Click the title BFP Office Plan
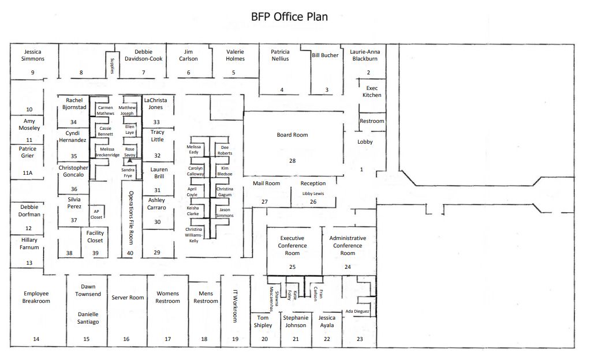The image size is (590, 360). click(x=289, y=17)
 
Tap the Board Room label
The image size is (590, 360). click(x=293, y=135)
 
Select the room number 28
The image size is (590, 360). click(x=292, y=161)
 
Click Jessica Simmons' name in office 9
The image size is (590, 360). click(x=33, y=55)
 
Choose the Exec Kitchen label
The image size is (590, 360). click(x=372, y=92)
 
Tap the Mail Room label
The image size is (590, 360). click(x=266, y=183)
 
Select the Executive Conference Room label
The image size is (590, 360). click(x=292, y=246)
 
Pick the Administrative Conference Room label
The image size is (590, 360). click(x=348, y=246)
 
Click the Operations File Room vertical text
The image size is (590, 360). click(x=130, y=217)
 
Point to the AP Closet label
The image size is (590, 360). click(x=97, y=214)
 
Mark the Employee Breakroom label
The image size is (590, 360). click(x=36, y=297)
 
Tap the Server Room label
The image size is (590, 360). click(x=128, y=298)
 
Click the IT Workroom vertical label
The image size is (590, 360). click(x=235, y=306)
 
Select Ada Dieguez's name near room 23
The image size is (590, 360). click(x=356, y=312)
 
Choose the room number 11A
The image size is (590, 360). click(x=28, y=172)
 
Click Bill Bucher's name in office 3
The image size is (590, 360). click(x=325, y=55)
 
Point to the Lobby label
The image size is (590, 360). click(x=365, y=142)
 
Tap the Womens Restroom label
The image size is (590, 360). click(x=168, y=297)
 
